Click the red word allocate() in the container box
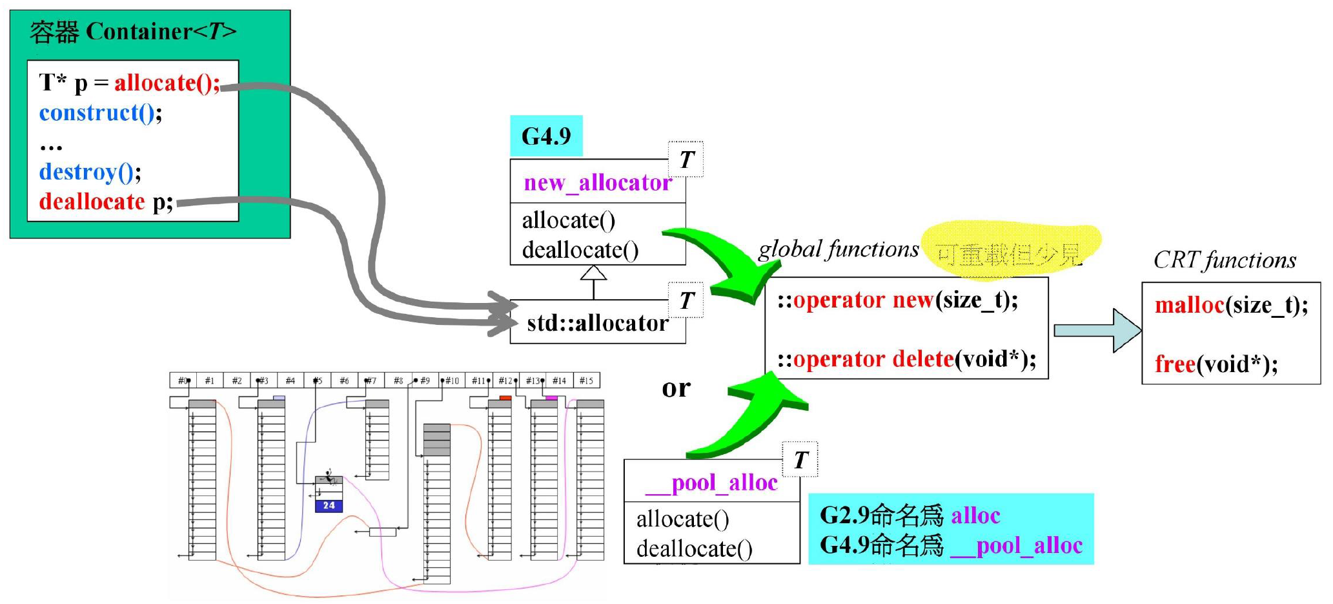coord(167,83)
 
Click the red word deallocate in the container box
coord(92,202)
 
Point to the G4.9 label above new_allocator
coord(546,136)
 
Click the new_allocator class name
coord(597,183)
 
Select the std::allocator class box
coord(597,322)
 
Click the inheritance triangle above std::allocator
coord(593,273)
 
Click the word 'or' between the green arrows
coord(676,388)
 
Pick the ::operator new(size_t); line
coord(897,300)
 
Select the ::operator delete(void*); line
coord(906,359)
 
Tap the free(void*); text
coord(1216,364)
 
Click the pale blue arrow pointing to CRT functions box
coord(1097,330)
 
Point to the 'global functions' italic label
coord(838,249)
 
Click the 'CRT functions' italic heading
coord(1225,260)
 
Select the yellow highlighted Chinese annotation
coord(1009,254)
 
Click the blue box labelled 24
coord(329,505)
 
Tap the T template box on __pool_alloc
coord(800,460)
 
